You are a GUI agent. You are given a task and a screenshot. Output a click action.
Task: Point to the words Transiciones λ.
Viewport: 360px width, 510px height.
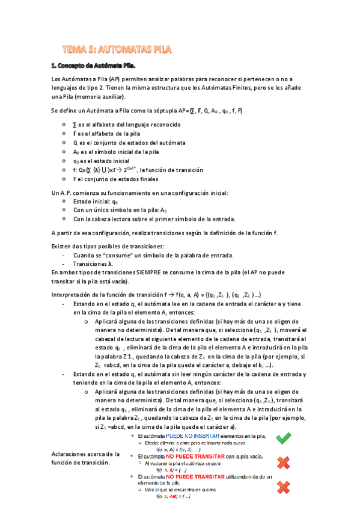[x=91, y=264]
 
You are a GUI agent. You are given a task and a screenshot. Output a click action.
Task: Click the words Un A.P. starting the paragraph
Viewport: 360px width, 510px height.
[x=61, y=192]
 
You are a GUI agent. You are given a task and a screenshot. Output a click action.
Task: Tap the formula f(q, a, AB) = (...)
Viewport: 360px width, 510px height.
[x=174, y=497]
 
